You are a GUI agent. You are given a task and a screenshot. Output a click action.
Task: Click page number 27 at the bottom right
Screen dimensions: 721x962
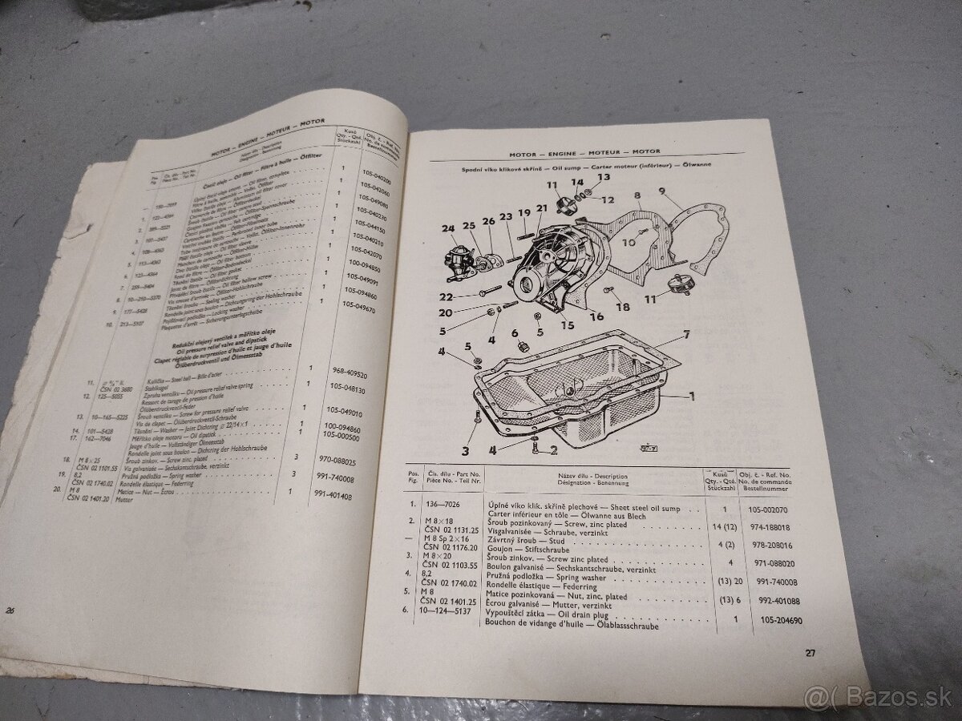(x=810, y=653)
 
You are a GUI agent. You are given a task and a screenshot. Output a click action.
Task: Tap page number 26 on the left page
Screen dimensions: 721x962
(x=10, y=610)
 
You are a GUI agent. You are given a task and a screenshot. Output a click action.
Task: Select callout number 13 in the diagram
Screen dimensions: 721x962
(x=602, y=177)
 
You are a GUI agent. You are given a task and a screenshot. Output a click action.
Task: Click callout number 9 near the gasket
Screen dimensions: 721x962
(x=663, y=191)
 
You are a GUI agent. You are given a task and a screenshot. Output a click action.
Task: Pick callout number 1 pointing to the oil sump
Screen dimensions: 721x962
(x=690, y=394)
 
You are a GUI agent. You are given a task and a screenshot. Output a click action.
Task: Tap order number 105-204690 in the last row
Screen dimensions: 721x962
(x=758, y=620)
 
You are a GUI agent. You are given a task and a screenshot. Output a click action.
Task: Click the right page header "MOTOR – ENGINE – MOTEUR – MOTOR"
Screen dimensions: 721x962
(x=584, y=151)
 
